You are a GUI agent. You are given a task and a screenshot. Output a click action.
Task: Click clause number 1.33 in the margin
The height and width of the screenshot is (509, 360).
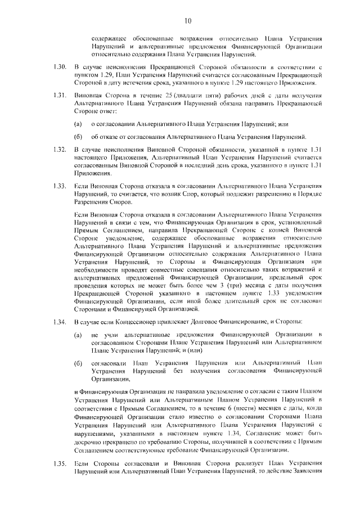[x=60, y=186]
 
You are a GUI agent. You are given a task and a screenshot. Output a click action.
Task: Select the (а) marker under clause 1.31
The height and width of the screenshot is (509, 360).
[x=78, y=123]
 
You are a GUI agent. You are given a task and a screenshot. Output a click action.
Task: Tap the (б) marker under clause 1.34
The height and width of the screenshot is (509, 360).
[x=78, y=363]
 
